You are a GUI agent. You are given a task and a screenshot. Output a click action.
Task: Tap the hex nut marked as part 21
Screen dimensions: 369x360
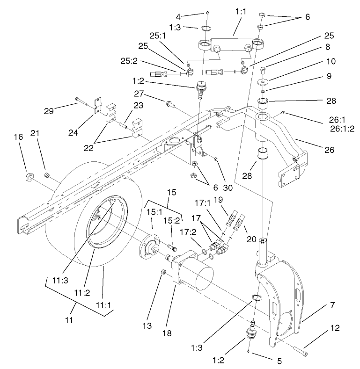pyautogui.click(x=47, y=175)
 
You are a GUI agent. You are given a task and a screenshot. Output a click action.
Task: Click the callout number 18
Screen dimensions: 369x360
pyautogui.click(x=167, y=333)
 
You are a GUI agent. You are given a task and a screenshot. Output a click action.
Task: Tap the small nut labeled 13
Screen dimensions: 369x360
pyautogui.click(x=162, y=272)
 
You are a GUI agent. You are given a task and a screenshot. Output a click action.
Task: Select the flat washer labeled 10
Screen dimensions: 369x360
pyautogui.click(x=265, y=82)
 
